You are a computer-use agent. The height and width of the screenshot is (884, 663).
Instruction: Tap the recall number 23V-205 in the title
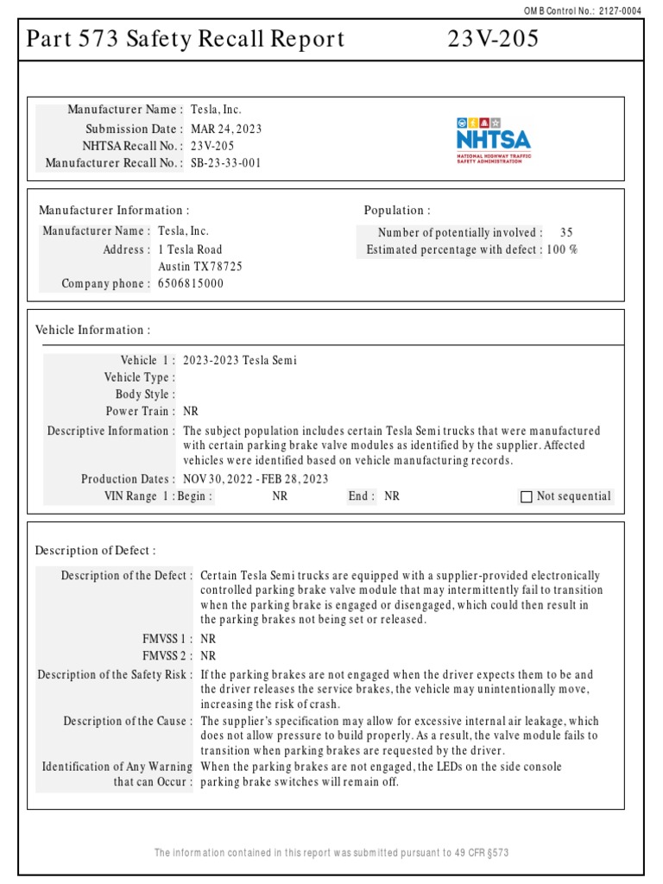tap(493, 40)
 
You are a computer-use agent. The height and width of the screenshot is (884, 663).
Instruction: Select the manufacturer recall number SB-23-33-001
tap(225, 162)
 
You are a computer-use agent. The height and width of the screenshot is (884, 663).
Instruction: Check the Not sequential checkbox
tap(527, 496)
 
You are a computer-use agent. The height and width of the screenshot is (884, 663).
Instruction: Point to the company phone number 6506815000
tap(190, 283)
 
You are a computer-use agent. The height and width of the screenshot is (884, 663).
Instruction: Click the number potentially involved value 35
tap(565, 232)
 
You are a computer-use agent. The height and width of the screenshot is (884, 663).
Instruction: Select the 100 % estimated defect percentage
tap(562, 249)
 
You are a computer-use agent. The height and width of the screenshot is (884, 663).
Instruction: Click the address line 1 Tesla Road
tap(190, 249)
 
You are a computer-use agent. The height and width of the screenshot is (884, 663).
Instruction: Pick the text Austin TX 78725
tap(200, 267)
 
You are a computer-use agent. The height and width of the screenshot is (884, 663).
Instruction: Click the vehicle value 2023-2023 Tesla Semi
tap(240, 360)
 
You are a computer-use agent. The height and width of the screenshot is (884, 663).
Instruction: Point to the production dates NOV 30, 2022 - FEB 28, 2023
tap(256, 479)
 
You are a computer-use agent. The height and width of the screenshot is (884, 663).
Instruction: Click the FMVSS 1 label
tap(167, 639)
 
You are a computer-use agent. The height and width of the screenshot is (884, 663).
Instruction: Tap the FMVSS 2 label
tap(167, 655)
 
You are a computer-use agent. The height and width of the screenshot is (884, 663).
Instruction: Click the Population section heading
tap(397, 211)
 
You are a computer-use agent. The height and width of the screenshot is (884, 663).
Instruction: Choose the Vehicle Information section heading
tap(92, 330)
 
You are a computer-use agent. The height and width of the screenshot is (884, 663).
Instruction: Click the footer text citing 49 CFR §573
tap(331, 853)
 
